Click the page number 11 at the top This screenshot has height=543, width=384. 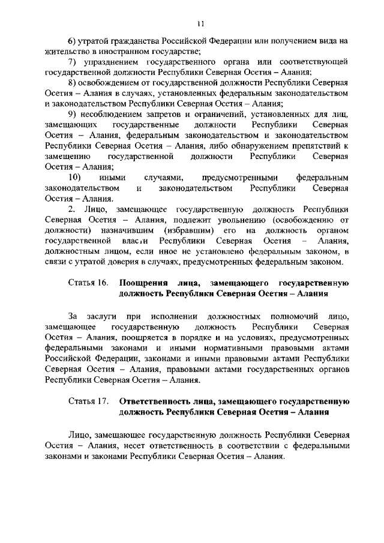[200, 23]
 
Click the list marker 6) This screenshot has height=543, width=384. [73, 41]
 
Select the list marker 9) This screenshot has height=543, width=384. [73, 114]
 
